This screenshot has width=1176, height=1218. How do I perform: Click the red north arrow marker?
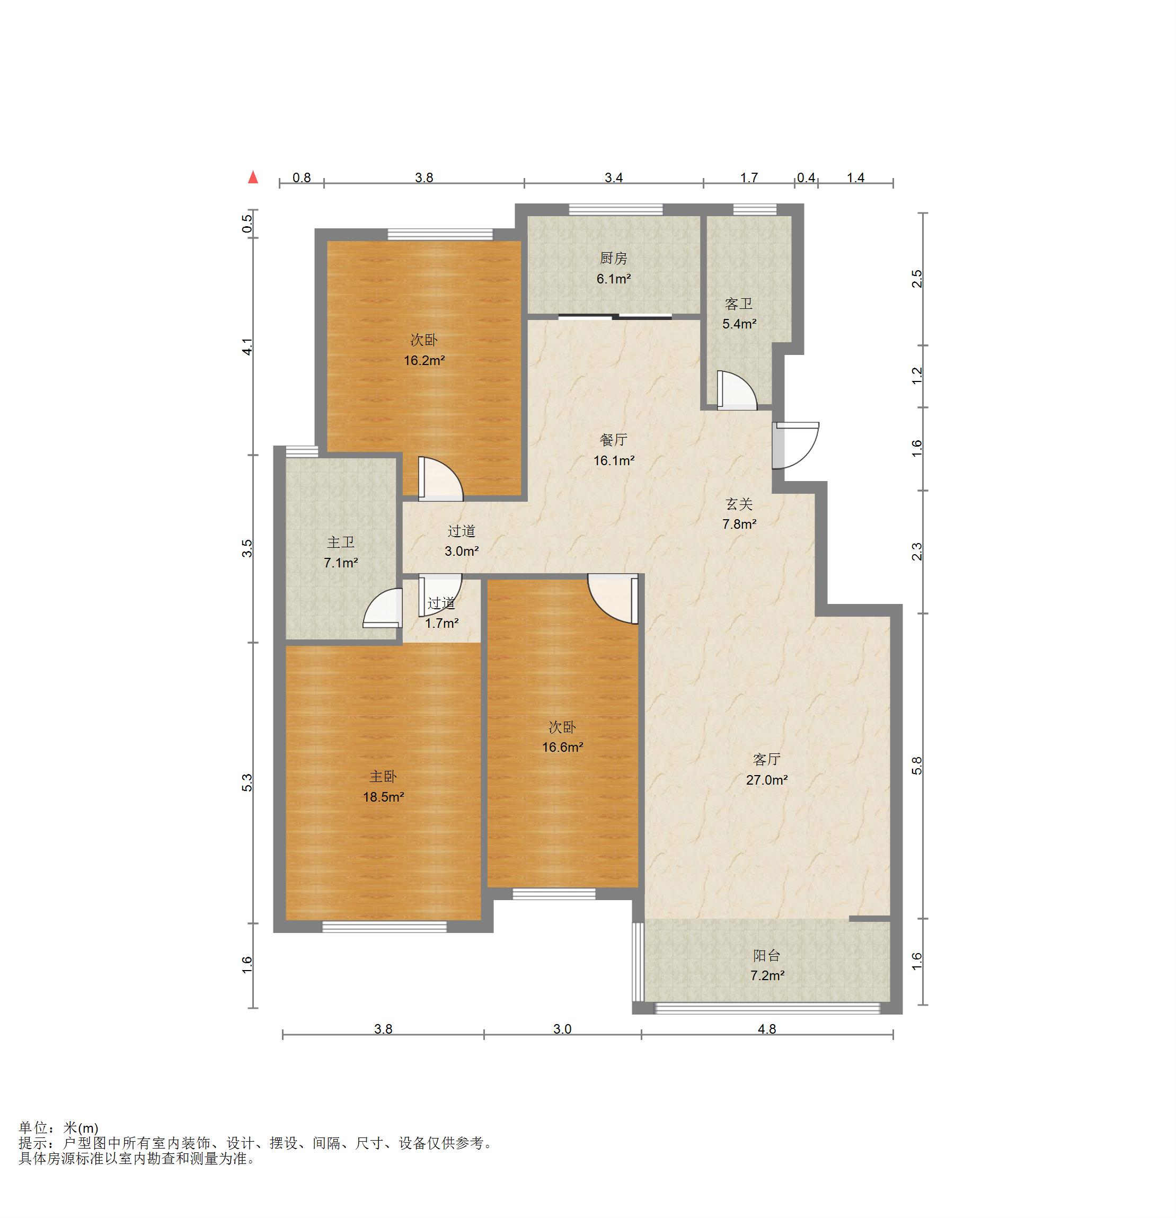tap(253, 177)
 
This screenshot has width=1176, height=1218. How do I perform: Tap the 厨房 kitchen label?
tap(614, 258)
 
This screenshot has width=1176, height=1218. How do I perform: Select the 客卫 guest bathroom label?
tap(738, 304)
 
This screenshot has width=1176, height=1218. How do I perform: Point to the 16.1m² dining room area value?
tap(614, 460)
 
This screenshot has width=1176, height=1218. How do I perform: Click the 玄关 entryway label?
tap(739, 504)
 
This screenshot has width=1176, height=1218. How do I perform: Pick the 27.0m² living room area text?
tap(767, 780)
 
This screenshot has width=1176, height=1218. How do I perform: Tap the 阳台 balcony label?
tap(766, 956)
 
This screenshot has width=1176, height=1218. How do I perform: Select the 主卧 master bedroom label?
tap(384, 777)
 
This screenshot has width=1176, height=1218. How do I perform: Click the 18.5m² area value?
tap(384, 797)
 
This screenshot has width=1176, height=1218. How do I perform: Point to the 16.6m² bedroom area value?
tap(562, 747)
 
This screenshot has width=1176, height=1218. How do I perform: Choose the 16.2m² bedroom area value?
tap(425, 360)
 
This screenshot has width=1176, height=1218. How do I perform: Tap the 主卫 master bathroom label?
tap(341, 543)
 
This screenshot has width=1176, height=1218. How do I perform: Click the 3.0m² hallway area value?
tap(462, 550)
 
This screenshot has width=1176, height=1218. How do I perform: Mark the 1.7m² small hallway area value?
tap(442, 623)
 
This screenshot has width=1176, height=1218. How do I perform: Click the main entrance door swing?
tap(795, 446)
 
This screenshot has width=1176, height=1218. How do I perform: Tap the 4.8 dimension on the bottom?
tap(767, 1029)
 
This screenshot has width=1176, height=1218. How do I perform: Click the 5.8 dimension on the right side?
tap(917, 766)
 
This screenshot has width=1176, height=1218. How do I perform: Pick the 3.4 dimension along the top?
tap(614, 177)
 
